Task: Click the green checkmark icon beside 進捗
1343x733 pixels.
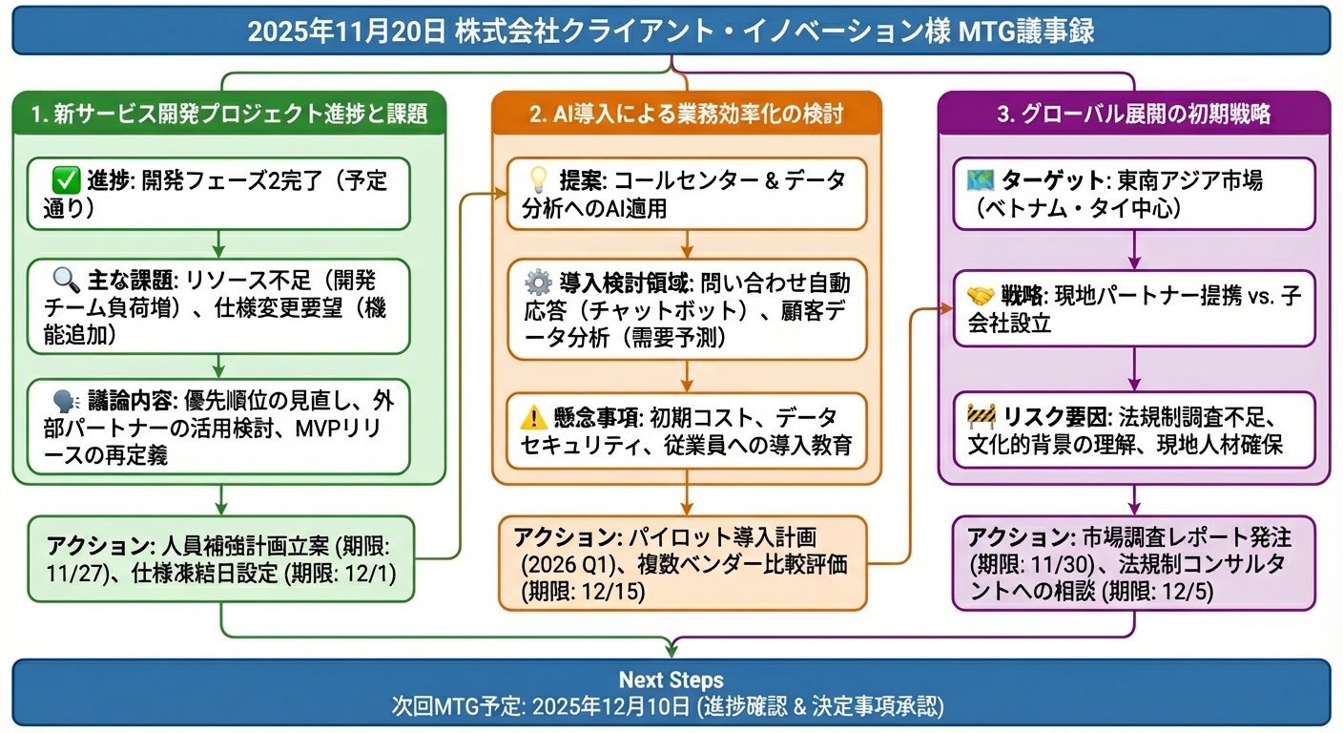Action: coord(67,179)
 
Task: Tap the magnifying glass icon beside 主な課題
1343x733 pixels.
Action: coord(66,282)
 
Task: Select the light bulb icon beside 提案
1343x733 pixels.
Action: coord(539,179)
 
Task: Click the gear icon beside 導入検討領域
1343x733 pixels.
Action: coord(539,283)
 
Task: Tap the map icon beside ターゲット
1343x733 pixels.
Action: coord(981,179)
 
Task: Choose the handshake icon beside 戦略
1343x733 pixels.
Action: coord(981,295)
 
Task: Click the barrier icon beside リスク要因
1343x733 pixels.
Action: coord(981,417)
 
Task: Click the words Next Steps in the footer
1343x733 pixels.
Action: coord(671,681)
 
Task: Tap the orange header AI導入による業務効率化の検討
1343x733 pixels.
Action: coord(686,115)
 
